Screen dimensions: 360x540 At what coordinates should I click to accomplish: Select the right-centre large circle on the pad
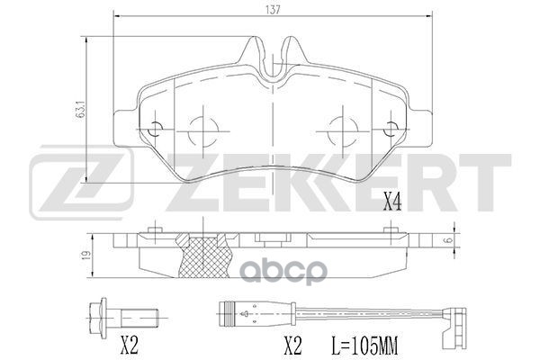(342, 131)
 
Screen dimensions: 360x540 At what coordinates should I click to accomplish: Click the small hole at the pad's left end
(154, 127)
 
